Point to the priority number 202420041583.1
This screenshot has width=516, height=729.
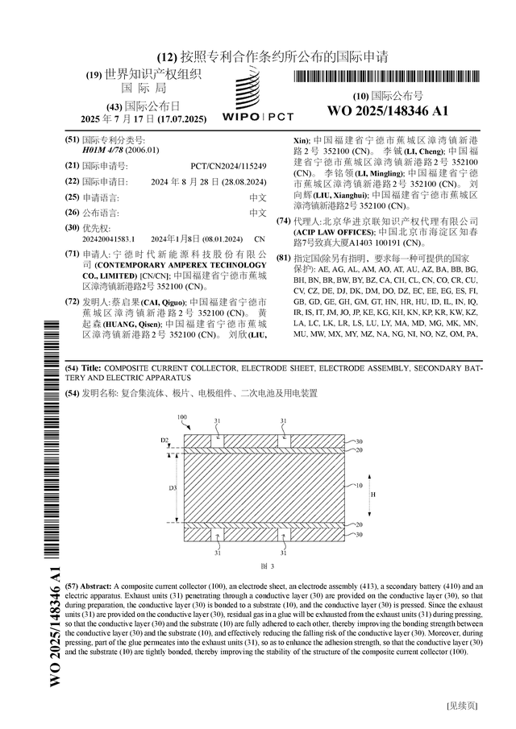coord(108,239)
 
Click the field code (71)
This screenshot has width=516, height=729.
coord(72,254)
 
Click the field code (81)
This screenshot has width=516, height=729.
coord(283,257)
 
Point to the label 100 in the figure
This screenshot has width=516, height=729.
coord(182,418)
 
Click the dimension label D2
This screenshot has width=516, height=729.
coord(164,441)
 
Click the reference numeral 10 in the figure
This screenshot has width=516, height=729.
coord(359,486)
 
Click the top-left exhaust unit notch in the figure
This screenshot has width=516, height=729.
coord(217,441)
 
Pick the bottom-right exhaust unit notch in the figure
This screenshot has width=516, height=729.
coord(283,533)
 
